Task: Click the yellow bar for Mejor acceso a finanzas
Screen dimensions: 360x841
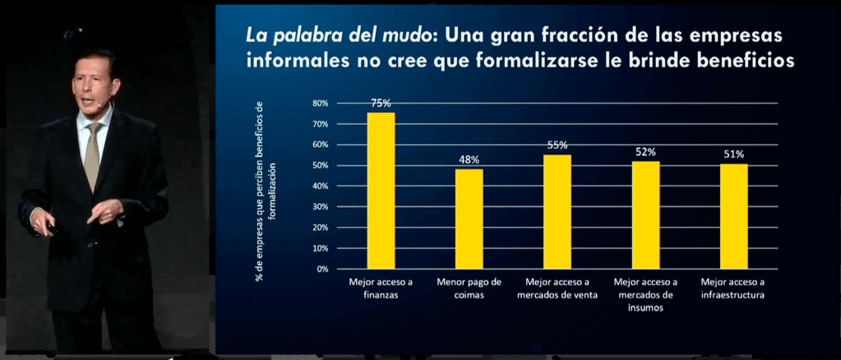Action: click(381, 191)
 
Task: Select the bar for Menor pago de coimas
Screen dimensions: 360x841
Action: click(469, 219)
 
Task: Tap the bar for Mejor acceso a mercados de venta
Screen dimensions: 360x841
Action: click(557, 211)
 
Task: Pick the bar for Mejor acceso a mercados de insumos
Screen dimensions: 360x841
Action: click(645, 215)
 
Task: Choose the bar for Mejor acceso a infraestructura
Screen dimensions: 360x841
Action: click(734, 216)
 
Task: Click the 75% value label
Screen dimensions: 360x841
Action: click(381, 104)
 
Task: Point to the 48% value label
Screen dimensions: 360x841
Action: click(469, 159)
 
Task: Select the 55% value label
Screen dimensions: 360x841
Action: click(557, 145)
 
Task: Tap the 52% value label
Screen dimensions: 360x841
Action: click(645, 152)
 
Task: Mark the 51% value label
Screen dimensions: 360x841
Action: click(734, 154)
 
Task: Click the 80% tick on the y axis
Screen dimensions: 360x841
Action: click(320, 104)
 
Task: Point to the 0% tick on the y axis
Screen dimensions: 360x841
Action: click(322, 269)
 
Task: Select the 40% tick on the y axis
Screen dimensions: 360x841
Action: click(320, 186)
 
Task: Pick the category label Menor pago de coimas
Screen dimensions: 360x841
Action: click(469, 287)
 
